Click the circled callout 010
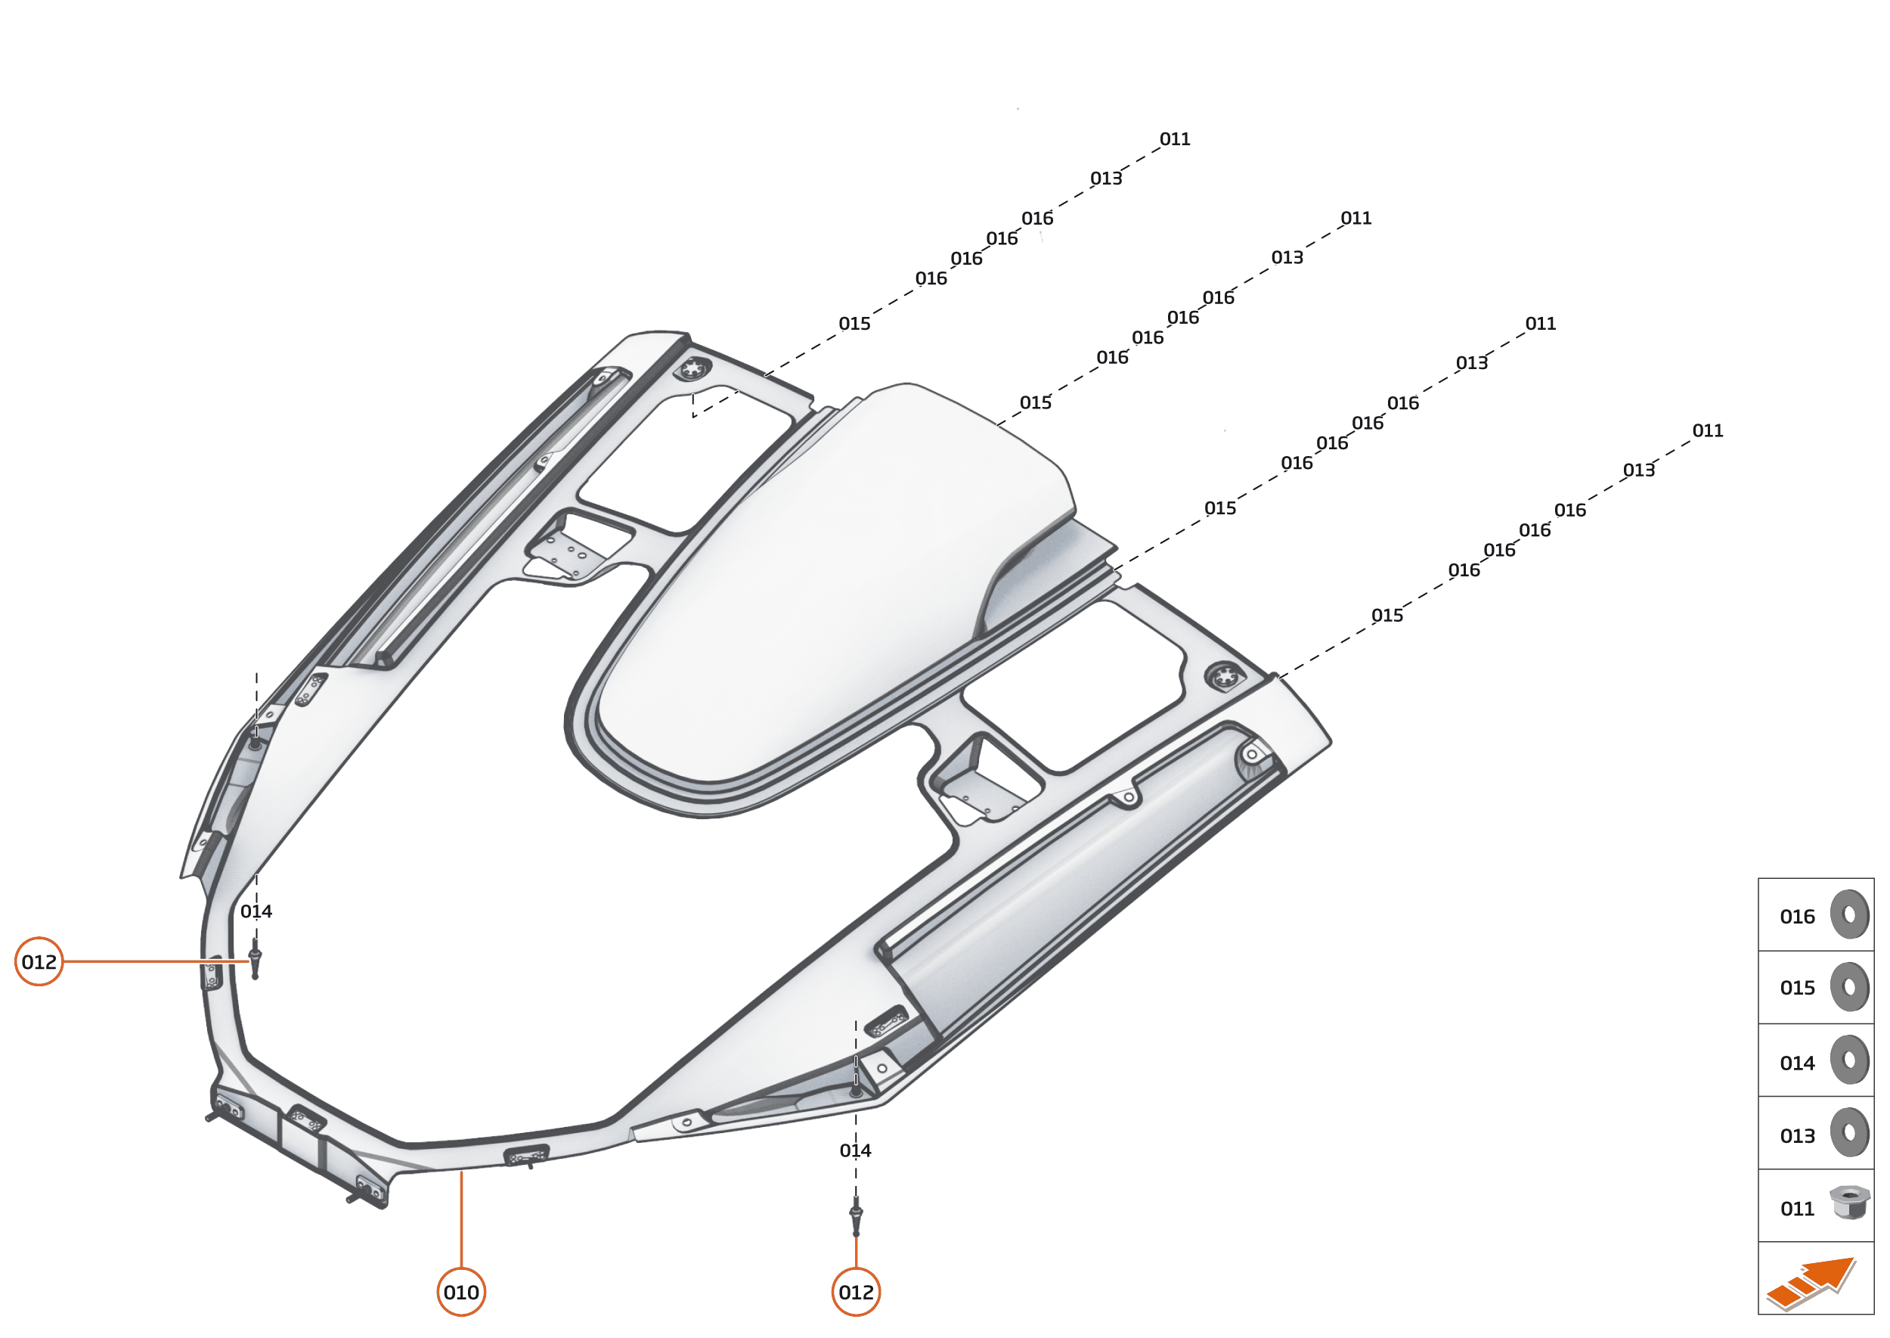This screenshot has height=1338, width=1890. [x=460, y=1292]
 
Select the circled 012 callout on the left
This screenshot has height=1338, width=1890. [x=39, y=961]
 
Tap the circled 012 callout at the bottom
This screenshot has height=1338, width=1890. [x=856, y=1292]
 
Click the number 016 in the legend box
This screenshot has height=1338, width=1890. [x=1797, y=917]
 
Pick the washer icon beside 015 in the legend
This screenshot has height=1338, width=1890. [x=1850, y=986]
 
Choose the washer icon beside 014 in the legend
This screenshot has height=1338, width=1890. [x=1850, y=1060]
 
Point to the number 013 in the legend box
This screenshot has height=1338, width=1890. [x=1797, y=1136]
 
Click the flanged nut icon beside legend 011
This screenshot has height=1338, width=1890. [x=1850, y=1202]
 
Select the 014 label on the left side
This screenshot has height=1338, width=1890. [x=256, y=911]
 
